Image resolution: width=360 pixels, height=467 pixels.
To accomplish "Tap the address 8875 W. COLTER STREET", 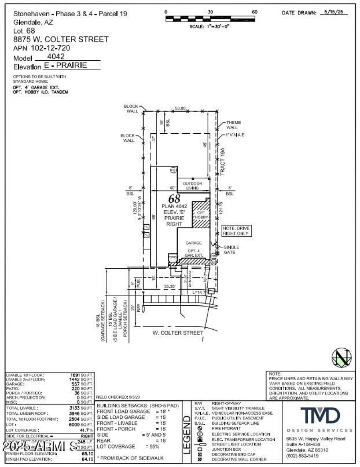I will [61, 39].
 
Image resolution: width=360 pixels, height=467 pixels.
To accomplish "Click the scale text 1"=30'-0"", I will [210, 27].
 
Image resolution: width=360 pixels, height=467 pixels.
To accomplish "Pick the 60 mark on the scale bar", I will [255, 12].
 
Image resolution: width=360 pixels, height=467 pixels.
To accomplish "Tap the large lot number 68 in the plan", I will [174, 199].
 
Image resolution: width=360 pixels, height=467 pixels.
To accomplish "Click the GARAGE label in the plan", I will [194, 243].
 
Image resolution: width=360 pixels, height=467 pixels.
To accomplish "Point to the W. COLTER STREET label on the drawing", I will [178, 333].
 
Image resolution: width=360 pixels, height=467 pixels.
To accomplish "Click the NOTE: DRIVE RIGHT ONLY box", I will [236, 231].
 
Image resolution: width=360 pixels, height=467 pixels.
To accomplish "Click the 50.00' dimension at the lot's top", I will [181, 109].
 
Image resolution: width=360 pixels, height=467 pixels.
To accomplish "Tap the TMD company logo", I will [320, 414].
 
